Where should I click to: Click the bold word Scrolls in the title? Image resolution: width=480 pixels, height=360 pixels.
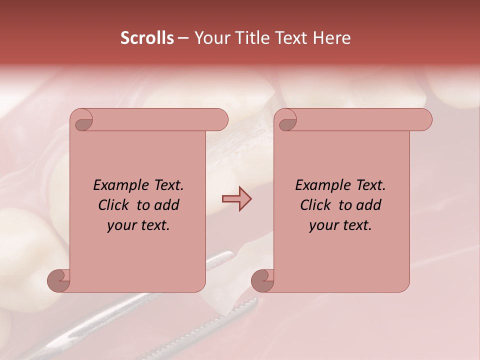click(147, 38)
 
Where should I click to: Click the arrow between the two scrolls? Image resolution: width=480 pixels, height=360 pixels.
click(236, 199)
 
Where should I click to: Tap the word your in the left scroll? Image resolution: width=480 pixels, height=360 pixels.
click(120, 225)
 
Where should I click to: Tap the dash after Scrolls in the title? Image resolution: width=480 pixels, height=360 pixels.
click(183, 38)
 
